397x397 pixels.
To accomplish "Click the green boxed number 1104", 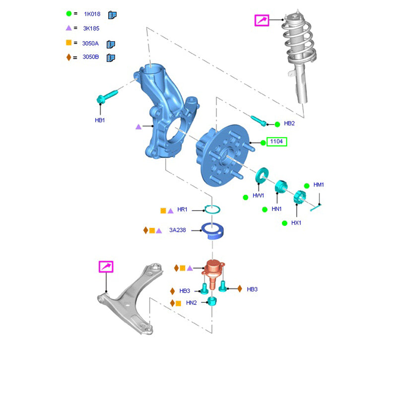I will [x=276, y=142].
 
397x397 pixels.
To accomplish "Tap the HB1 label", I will [x=100, y=120].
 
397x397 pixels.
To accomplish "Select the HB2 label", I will [x=289, y=123].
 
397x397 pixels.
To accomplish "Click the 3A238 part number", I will [x=177, y=230].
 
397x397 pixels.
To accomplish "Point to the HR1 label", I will [x=182, y=210].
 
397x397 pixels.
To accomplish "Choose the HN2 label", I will [x=191, y=303].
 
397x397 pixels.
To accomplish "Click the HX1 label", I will [x=296, y=223].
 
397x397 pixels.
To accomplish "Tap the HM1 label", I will [x=319, y=185].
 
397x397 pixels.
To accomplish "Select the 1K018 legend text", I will [x=92, y=15].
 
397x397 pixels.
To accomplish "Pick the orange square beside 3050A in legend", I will [x=69, y=43].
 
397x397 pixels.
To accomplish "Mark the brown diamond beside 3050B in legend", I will [x=69, y=57].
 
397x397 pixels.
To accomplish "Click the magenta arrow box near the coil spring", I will [x=262, y=20].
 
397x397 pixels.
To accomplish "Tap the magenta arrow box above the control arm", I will [x=106, y=266].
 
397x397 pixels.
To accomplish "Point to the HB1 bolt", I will [x=107, y=96].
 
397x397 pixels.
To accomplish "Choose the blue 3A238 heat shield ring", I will [x=212, y=231].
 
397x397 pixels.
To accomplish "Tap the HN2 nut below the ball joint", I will [x=212, y=301].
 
